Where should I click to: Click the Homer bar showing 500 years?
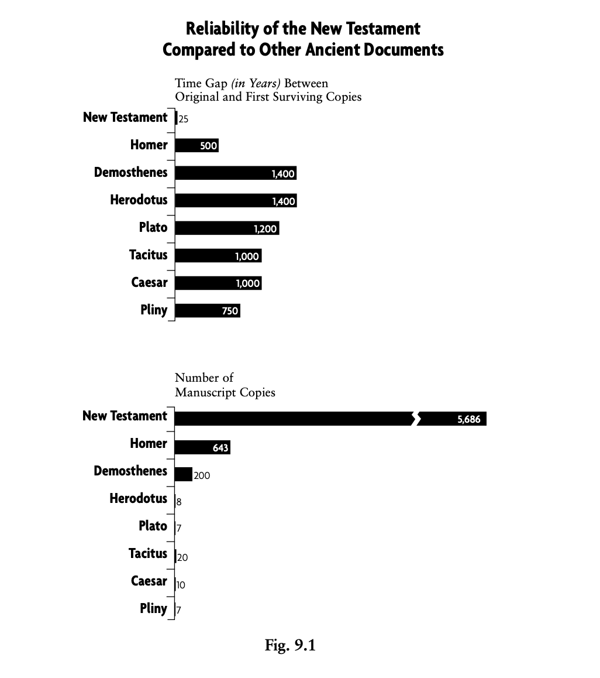196,145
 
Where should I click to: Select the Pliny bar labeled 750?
207,310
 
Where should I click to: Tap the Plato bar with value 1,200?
226,228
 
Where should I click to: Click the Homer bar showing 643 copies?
202,447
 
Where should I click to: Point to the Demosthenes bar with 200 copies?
183,474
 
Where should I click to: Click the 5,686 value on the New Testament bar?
468,419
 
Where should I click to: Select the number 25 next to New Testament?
184,119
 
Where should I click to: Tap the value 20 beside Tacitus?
182,557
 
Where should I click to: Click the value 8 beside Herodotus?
179,502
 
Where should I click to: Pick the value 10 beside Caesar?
181,585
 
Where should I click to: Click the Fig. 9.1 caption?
290,646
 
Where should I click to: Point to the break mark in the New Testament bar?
416,419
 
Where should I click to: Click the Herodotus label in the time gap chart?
139,200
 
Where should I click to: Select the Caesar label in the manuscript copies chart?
149,581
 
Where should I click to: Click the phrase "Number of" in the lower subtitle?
204,378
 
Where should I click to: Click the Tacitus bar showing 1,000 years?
218,255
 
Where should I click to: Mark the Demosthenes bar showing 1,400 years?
235,173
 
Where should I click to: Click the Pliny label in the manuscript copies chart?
153,608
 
